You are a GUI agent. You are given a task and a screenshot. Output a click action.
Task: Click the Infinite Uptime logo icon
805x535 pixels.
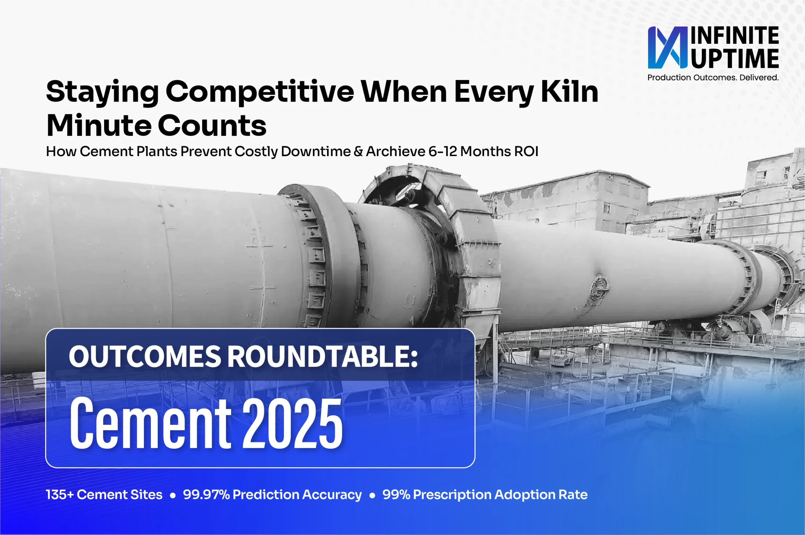pos(668,48)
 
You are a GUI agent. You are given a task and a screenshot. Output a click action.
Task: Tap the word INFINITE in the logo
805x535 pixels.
pos(735,36)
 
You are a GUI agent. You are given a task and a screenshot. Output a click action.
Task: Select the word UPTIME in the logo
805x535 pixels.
pos(735,59)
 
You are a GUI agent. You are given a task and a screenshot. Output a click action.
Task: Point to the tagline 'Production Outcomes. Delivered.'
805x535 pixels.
pos(713,77)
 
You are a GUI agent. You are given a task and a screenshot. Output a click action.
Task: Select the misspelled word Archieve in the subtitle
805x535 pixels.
pos(396,151)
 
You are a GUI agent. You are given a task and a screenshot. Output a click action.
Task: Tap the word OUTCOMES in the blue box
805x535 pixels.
pos(145,356)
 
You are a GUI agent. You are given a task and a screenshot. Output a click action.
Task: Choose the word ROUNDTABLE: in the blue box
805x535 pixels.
pos(323,356)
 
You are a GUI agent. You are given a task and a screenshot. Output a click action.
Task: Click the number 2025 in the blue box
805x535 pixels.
pos(292,424)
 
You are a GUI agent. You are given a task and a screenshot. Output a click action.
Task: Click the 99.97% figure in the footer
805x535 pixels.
pos(206,495)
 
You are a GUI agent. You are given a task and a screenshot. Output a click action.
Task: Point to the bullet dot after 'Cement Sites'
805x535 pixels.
pos(173,495)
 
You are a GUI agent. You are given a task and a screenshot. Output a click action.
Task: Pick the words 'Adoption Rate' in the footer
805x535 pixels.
pos(541,495)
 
